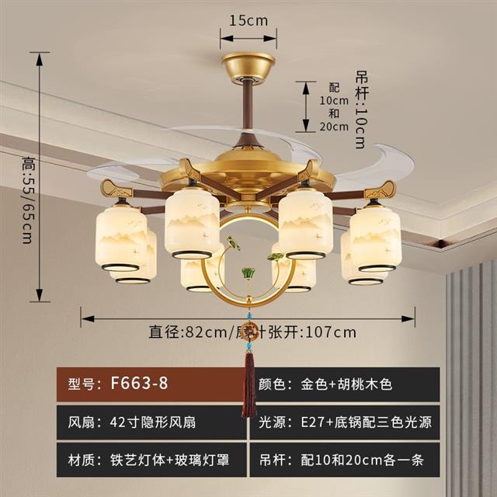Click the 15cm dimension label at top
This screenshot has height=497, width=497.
[248, 21]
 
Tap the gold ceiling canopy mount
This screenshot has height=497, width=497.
[248, 68]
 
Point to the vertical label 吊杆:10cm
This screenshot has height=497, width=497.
[360, 109]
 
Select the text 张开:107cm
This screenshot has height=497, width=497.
[323, 332]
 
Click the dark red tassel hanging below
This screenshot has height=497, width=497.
[248, 384]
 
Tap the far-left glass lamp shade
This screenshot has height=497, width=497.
[121, 236]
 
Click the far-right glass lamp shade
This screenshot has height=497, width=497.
[375, 237]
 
